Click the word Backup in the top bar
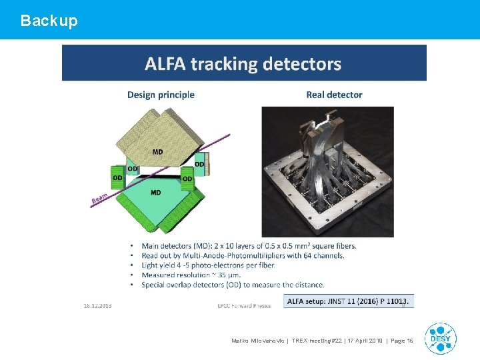pyautogui.click(x=49, y=21)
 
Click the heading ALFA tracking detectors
pyautogui.click(x=243, y=64)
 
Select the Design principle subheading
pyautogui.click(x=161, y=95)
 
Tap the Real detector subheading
pyautogui.click(x=334, y=95)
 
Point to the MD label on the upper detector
pyautogui.click(x=157, y=152)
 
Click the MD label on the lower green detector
pyautogui.click(x=155, y=193)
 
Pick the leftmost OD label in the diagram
pyautogui.click(x=117, y=178)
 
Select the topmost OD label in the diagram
pyautogui.click(x=199, y=164)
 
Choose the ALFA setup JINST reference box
pyautogui.click(x=349, y=301)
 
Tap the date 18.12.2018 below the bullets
pyautogui.click(x=98, y=305)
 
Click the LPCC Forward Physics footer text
pyautogui.click(x=244, y=306)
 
